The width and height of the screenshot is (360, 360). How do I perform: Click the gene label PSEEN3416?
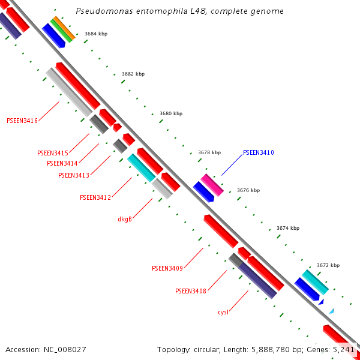(x=22, y=121)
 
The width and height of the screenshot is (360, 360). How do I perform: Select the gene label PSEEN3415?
(x=53, y=153)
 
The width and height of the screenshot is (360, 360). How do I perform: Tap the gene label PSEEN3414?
(x=62, y=163)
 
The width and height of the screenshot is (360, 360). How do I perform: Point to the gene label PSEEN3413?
(x=73, y=175)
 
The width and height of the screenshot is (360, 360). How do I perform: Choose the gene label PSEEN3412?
(x=95, y=197)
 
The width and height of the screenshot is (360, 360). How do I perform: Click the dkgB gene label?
(x=125, y=219)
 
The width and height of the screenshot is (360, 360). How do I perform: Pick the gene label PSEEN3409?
(x=167, y=268)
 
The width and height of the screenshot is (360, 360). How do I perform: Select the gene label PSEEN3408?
(x=191, y=291)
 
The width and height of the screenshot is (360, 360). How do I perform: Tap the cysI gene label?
(x=223, y=312)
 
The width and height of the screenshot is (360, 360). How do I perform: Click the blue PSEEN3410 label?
(x=259, y=153)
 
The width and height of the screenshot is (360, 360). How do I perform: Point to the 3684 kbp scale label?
(x=96, y=34)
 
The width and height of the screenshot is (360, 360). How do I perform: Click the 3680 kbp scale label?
(x=171, y=113)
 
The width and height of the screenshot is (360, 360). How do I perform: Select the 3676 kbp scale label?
(x=248, y=190)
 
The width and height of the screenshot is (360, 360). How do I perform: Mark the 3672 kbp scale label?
(x=328, y=265)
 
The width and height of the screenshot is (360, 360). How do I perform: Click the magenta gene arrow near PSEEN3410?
(x=212, y=185)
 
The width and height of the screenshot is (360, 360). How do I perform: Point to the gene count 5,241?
(x=343, y=349)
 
